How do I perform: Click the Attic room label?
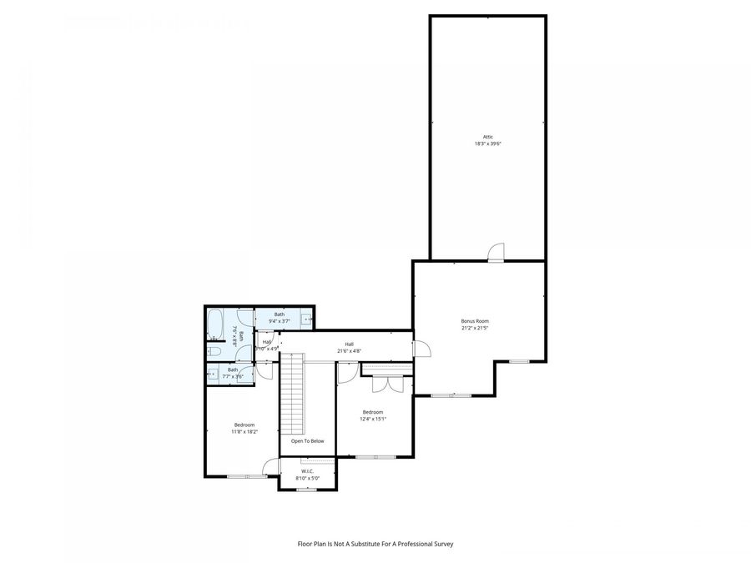pos(487,137)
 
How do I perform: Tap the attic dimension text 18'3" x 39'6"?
pos(487,143)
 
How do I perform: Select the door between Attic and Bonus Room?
pos(496,252)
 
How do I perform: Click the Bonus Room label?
pos(475,321)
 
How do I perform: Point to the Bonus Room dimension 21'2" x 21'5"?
pos(475,328)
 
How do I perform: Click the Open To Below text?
pos(307,441)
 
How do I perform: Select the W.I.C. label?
pos(307,471)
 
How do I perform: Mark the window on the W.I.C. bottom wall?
pos(306,490)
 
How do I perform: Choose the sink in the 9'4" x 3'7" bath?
pos(307,319)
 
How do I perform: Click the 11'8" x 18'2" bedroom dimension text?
pos(244,431)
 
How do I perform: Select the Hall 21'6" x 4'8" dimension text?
pos(349,351)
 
